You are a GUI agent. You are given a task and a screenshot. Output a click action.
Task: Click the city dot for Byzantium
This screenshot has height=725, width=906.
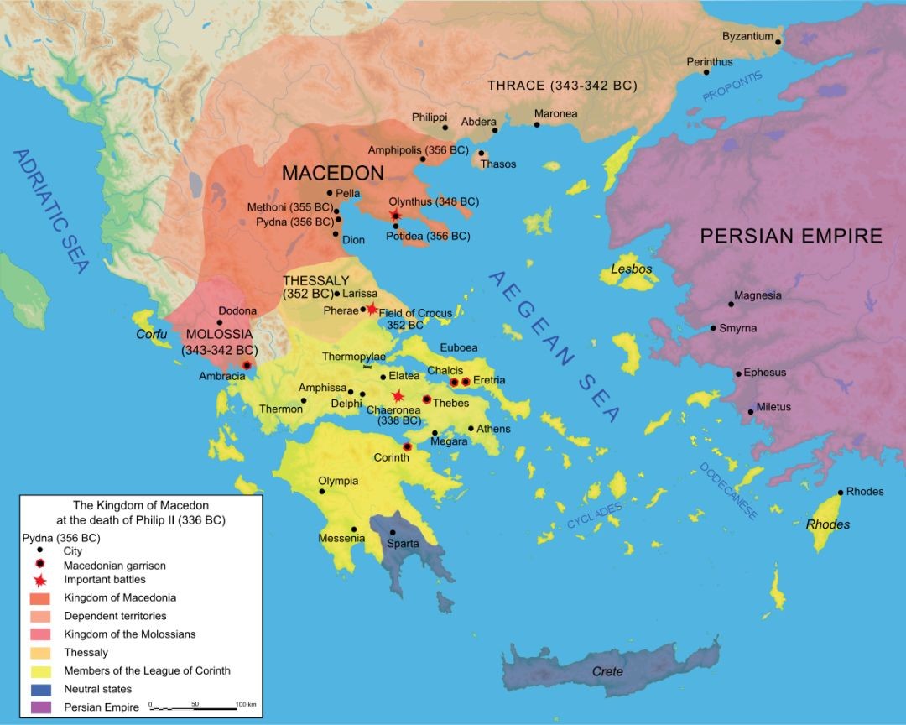(778, 41)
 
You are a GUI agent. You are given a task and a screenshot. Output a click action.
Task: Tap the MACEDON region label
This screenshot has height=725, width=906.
(332, 174)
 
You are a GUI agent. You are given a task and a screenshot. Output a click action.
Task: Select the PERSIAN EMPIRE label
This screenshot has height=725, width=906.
(791, 236)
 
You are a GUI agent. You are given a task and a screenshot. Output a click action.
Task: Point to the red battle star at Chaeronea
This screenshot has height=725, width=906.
(398, 396)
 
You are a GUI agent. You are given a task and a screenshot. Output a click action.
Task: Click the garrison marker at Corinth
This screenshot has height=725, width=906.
(407, 447)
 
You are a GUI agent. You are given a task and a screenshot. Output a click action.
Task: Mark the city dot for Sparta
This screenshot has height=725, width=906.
(392, 532)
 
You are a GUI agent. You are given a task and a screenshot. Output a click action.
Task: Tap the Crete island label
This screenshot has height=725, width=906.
(607, 671)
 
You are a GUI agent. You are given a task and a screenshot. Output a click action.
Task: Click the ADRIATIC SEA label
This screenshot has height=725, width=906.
(50, 210)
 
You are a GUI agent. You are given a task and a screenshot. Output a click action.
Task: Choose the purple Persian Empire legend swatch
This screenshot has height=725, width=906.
(39, 707)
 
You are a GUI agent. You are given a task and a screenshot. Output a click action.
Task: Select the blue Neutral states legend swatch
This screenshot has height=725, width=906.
(39, 689)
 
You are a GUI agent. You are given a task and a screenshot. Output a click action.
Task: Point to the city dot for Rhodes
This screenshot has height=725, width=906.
(841, 493)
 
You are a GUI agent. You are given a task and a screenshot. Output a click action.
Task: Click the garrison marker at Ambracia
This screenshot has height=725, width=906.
(247, 365)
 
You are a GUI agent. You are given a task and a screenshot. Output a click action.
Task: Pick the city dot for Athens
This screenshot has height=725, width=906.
(471, 429)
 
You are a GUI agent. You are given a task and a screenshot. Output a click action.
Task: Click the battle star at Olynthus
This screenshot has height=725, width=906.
(395, 216)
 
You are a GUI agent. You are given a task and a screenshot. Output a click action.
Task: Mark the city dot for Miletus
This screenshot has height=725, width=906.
(751, 411)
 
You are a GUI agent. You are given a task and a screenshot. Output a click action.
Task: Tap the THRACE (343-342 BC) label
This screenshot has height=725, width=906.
(562, 86)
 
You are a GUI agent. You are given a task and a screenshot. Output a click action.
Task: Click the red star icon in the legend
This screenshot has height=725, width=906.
(39, 579)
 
